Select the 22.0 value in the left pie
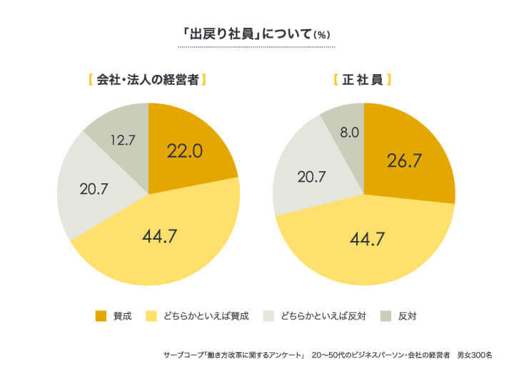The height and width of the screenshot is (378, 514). (x=185, y=151)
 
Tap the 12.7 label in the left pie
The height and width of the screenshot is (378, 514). (x=123, y=141)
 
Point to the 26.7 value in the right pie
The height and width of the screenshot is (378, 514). (x=406, y=160)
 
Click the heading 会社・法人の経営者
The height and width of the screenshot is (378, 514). (x=148, y=80)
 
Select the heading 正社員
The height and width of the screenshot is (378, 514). (x=363, y=80)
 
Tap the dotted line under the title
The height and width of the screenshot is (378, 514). (x=256, y=47)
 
